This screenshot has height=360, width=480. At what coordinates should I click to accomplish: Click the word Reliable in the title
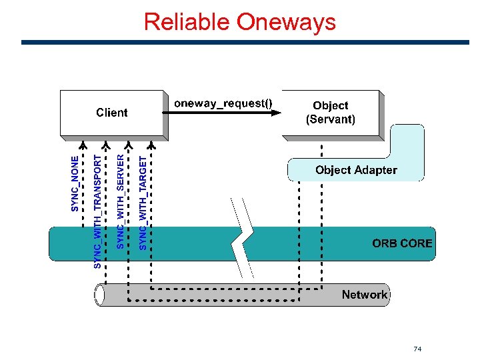coord(187,21)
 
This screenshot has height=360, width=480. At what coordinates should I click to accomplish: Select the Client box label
coord(112,113)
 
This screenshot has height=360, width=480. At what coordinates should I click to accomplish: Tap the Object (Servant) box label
coord(331,112)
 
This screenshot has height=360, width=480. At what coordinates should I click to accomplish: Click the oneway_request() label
coord(223,103)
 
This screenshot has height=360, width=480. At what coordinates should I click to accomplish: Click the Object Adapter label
coord(356,170)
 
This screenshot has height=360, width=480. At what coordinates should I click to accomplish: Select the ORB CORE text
coord(402,243)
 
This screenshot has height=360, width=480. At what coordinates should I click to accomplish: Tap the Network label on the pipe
coord(365,295)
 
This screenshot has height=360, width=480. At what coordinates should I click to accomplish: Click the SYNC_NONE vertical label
coord(75,184)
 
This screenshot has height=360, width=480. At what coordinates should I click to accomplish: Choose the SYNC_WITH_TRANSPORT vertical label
coord(97,211)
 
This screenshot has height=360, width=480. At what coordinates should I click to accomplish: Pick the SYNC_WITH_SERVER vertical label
coord(120,201)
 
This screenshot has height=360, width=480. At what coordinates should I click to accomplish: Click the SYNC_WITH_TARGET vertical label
coord(143,203)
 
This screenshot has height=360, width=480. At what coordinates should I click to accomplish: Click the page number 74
coord(417,349)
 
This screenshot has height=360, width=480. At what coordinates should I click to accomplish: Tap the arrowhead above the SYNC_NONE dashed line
coord(83,145)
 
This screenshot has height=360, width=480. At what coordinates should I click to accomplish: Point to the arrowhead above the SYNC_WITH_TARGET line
coord(151,145)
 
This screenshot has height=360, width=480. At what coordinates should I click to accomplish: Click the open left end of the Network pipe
coord(99,295)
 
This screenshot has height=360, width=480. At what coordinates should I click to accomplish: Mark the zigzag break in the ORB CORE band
coord(242,238)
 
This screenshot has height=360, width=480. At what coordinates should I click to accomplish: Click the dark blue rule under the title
coord(245,42)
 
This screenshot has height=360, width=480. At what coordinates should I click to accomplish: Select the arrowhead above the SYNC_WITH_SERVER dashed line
coord(128,145)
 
